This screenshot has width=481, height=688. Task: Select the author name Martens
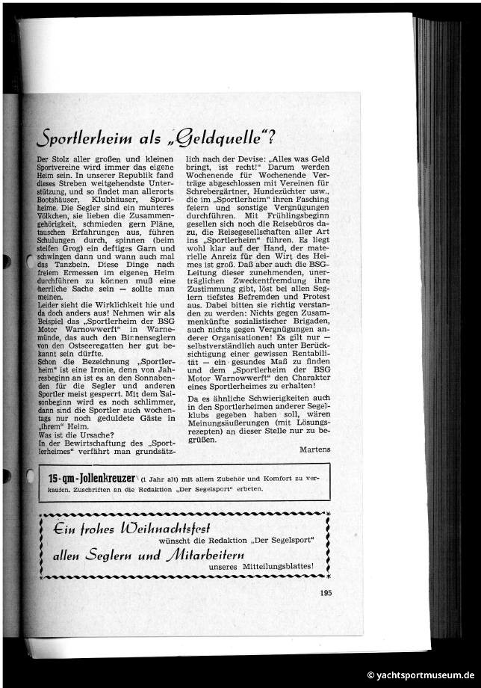tap(314, 449)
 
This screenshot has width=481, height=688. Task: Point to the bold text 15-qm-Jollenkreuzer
tap(91, 478)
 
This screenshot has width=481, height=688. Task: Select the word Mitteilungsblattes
tap(280, 566)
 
